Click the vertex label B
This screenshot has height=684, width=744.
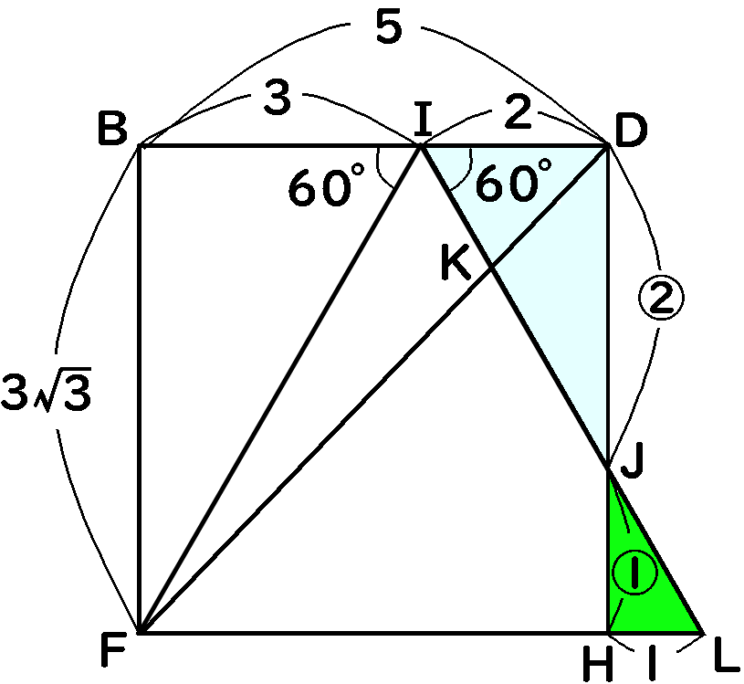tap(113, 132)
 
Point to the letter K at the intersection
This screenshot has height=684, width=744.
tap(455, 263)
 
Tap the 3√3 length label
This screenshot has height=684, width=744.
tap(46, 396)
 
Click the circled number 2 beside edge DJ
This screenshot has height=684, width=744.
tap(660, 296)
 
